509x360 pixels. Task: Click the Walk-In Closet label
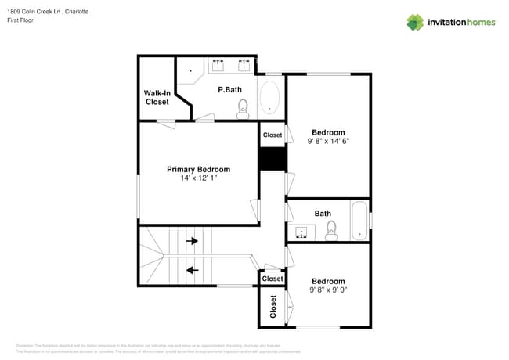click(x=157, y=97)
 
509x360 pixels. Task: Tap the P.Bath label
click(x=229, y=89)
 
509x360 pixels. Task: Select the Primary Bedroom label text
click(x=198, y=169)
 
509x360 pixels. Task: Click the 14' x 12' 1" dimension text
click(x=198, y=178)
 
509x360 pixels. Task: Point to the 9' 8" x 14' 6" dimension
click(x=328, y=142)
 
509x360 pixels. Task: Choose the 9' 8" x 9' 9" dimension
click(x=328, y=290)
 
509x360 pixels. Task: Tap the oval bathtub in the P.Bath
click(x=269, y=98)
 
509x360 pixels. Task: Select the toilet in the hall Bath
click(x=331, y=230)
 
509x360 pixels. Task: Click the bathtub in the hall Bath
click(x=359, y=221)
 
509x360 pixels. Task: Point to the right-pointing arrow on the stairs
click(x=192, y=242)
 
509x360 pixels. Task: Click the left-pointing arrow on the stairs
click(x=192, y=271)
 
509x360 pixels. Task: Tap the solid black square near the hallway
click(x=272, y=159)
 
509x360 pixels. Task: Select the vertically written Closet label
click(x=273, y=305)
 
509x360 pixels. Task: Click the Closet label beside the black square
click(x=272, y=135)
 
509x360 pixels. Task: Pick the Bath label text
click(x=323, y=213)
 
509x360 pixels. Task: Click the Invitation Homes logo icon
click(x=414, y=22)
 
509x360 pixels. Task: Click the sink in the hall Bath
click(x=301, y=232)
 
